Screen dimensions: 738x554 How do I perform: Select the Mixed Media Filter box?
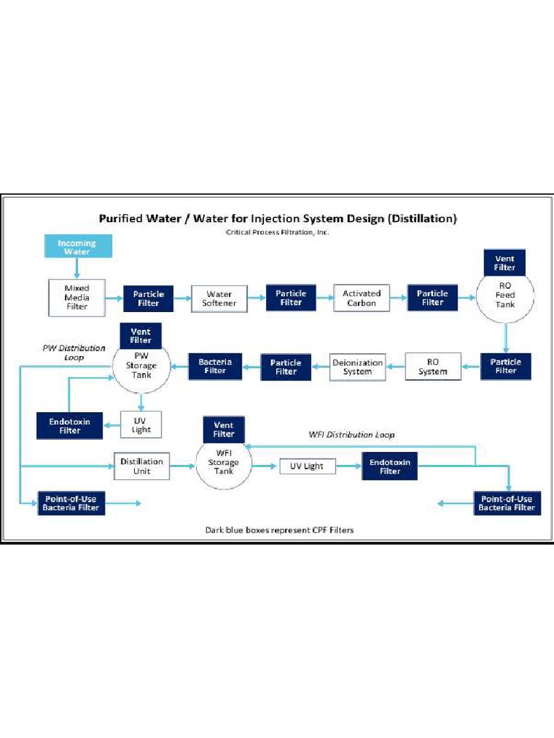point(76,297)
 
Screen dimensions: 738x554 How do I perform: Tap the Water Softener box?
point(219,298)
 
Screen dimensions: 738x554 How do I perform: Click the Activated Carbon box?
point(361,298)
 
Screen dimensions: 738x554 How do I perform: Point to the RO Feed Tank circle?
point(506,297)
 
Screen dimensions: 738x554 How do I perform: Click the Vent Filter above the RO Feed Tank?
point(505,263)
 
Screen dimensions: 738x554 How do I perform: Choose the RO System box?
point(433,366)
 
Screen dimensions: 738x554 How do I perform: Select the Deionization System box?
point(358,367)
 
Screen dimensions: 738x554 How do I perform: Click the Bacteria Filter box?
point(215,366)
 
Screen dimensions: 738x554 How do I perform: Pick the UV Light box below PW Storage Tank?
point(141,424)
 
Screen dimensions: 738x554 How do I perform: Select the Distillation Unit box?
point(141,466)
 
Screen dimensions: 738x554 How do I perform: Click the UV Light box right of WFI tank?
point(307,466)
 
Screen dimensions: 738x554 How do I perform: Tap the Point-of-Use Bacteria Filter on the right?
point(506,503)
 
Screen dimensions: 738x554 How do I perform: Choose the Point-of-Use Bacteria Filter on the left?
point(71,503)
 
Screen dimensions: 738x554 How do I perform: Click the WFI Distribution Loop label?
point(351,435)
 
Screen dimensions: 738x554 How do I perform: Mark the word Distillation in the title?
point(422,218)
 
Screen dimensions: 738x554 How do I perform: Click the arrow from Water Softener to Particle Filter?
point(257,297)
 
